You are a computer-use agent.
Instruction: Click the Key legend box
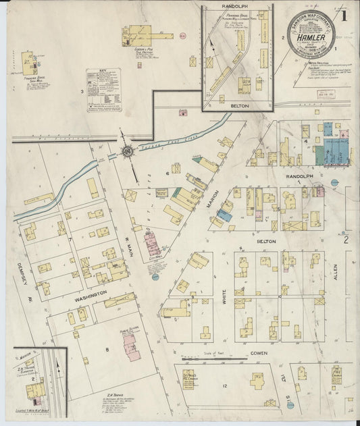(103, 90)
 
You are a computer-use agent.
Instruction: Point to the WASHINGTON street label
(91, 294)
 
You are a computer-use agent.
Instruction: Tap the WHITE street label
(224, 297)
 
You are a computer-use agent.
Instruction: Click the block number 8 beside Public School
(107, 349)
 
